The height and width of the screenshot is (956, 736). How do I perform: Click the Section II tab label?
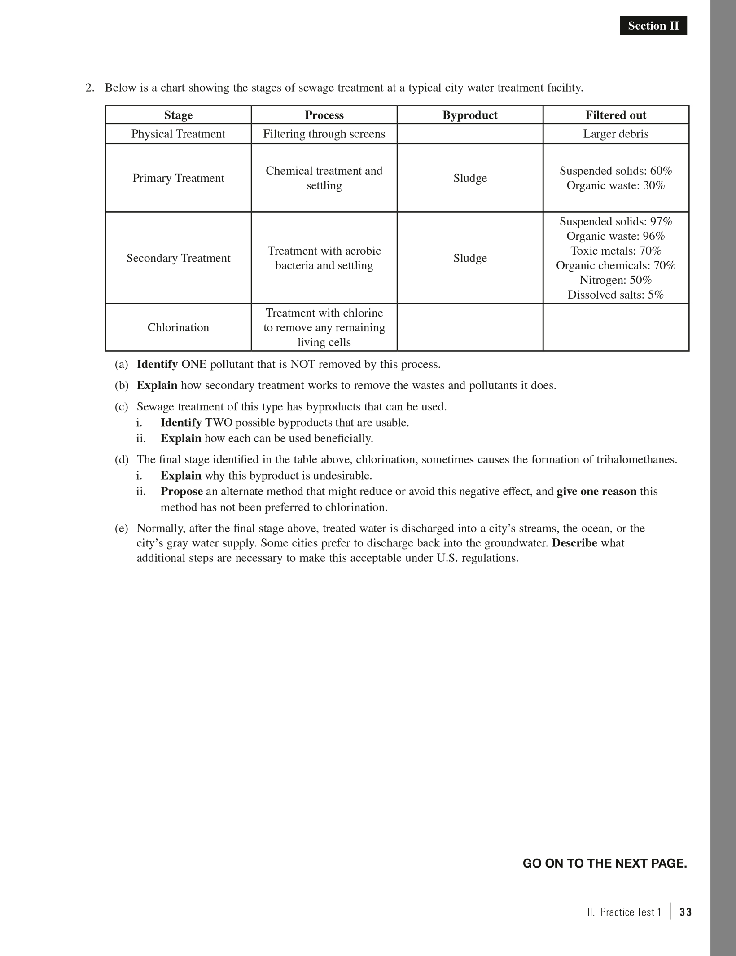(x=653, y=26)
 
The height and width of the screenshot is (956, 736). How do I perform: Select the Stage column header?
(x=178, y=115)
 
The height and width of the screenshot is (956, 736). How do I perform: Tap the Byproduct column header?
(x=470, y=115)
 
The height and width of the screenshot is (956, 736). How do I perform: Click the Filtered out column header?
(x=615, y=115)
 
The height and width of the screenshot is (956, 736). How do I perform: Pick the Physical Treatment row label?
(x=178, y=134)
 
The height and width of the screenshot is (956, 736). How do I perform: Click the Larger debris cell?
(x=615, y=134)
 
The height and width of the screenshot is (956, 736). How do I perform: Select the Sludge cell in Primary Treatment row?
(x=470, y=178)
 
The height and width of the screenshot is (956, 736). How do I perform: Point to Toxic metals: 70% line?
(x=615, y=251)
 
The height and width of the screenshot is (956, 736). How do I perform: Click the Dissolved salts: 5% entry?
(x=615, y=295)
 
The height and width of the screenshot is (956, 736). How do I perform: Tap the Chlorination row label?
(x=178, y=327)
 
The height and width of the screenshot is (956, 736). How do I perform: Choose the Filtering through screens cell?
(x=324, y=134)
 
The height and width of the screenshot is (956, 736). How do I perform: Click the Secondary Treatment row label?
(x=178, y=258)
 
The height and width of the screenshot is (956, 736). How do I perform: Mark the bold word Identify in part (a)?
(x=157, y=364)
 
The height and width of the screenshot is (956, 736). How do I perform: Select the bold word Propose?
(x=181, y=491)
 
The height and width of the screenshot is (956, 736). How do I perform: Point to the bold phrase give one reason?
(x=596, y=491)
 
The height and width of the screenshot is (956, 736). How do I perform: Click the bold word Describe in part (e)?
(x=574, y=543)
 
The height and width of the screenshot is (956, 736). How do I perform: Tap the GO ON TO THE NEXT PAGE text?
(x=605, y=863)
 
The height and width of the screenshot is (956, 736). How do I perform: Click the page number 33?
(x=685, y=912)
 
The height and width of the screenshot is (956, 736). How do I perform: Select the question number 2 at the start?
(x=90, y=88)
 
